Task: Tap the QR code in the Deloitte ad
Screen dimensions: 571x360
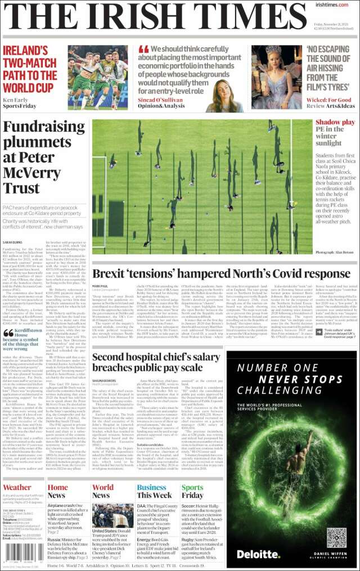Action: tap(335, 537)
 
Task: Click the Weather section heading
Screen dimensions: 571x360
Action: tap(17, 488)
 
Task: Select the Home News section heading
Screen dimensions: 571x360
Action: tap(57, 491)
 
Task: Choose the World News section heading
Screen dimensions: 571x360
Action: tap(102, 491)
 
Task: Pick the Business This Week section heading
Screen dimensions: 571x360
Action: tap(151, 491)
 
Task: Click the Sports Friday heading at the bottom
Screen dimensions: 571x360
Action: tap(193, 491)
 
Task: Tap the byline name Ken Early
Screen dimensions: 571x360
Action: tap(16, 100)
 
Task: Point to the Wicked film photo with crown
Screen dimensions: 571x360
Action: tap(281, 76)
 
